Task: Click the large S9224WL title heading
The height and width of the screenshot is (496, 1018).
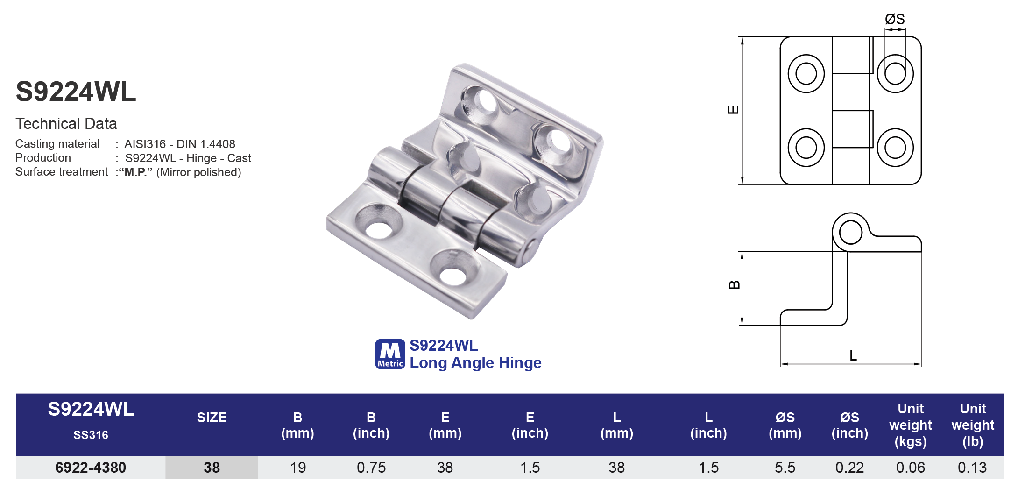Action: tap(76, 92)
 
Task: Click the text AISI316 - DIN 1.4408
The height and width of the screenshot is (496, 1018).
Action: tap(180, 144)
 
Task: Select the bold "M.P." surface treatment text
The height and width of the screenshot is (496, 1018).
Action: tap(136, 172)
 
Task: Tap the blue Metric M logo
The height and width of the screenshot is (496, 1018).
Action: tap(390, 354)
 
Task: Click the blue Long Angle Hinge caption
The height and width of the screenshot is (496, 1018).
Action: tap(475, 363)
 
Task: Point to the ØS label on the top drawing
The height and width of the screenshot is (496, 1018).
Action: tap(895, 19)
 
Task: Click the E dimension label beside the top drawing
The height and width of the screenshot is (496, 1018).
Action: tap(733, 110)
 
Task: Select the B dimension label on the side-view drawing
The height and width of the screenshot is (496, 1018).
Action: tap(734, 285)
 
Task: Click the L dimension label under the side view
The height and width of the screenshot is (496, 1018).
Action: tap(853, 356)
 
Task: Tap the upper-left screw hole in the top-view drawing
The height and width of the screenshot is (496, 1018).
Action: tap(806, 74)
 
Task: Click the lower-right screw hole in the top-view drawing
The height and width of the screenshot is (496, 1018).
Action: tap(895, 148)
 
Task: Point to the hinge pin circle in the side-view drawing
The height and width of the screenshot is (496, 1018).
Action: tap(850, 233)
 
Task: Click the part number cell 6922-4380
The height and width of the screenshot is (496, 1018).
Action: tap(91, 468)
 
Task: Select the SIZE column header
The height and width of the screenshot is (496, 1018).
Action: tap(212, 418)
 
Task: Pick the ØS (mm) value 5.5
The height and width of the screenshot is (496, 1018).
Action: tap(785, 468)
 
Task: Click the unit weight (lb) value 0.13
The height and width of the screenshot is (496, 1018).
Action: tap(972, 468)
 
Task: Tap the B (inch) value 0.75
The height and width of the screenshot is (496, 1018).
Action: tap(371, 468)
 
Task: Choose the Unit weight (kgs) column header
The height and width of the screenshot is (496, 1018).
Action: tap(910, 425)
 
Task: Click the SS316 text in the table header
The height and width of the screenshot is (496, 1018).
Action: tap(91, 435)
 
